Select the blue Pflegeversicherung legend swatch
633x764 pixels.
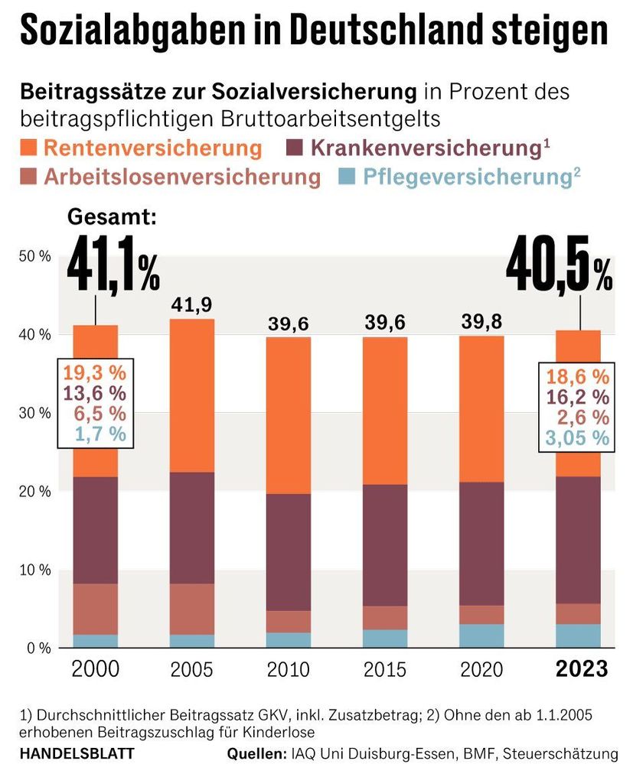click(348, 177)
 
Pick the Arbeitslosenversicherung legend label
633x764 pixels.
click(181, 177)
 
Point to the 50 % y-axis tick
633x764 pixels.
click(34, 256)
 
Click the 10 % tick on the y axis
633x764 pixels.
click(34, 570)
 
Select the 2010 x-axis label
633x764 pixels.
click(289, 670)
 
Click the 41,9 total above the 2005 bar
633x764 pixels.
click(191, 304)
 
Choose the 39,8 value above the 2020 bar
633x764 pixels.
click(482, 321)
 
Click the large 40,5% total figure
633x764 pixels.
click(560, 269)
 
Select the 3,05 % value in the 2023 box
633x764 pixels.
click(578, 438)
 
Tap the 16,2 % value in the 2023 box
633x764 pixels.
click(578, 397)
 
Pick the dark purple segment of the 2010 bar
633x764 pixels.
click(289, 552)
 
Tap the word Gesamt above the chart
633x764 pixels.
click(112, 217)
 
